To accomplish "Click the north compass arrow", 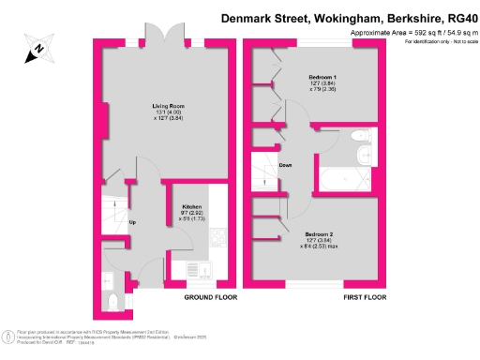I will (38, 48).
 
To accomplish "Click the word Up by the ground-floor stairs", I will (132, 222).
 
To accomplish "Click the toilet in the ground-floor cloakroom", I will (112, 300).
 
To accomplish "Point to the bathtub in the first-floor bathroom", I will (344, 176).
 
